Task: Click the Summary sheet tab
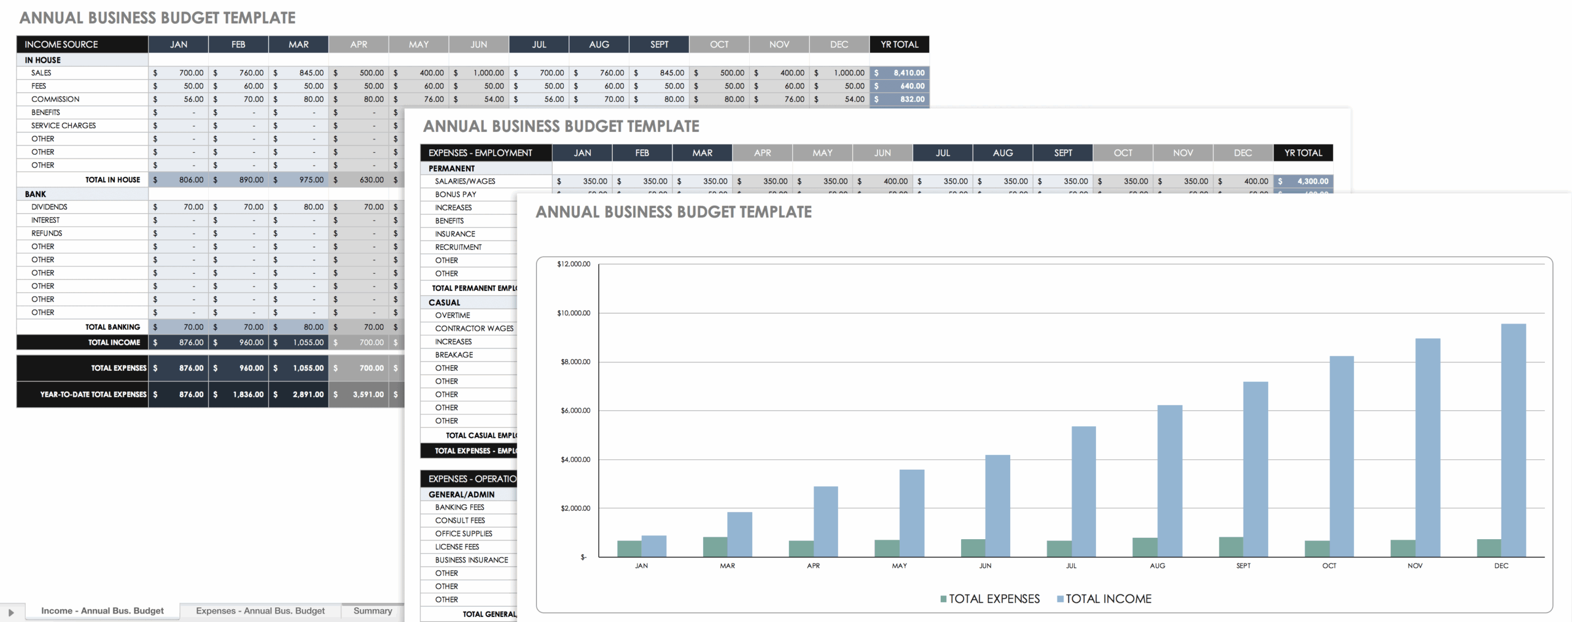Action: pyautogui.click(x=372, y=610)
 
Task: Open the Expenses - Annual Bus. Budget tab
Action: pyautogui.click(x=260, y=610)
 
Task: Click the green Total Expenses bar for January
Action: pyautogui.click(x=629, y=548)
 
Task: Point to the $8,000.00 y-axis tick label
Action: pyautogui.click(x=575, y=362)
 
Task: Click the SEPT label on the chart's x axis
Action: pyautogui.click(x=1243, y=566)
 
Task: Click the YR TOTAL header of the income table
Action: pyautogui.click(x=899, y=44)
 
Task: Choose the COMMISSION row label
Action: pyautogui.click(x=55, y=99)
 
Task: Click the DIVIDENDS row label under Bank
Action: pyautogui.click(x=49, y=207)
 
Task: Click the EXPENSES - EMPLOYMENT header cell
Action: pyautogui.click(x=480, y=153)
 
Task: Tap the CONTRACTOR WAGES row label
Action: pyautogui.click(x=474, y=328)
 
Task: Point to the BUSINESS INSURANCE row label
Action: pyautogui.click(x=472, y=560)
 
